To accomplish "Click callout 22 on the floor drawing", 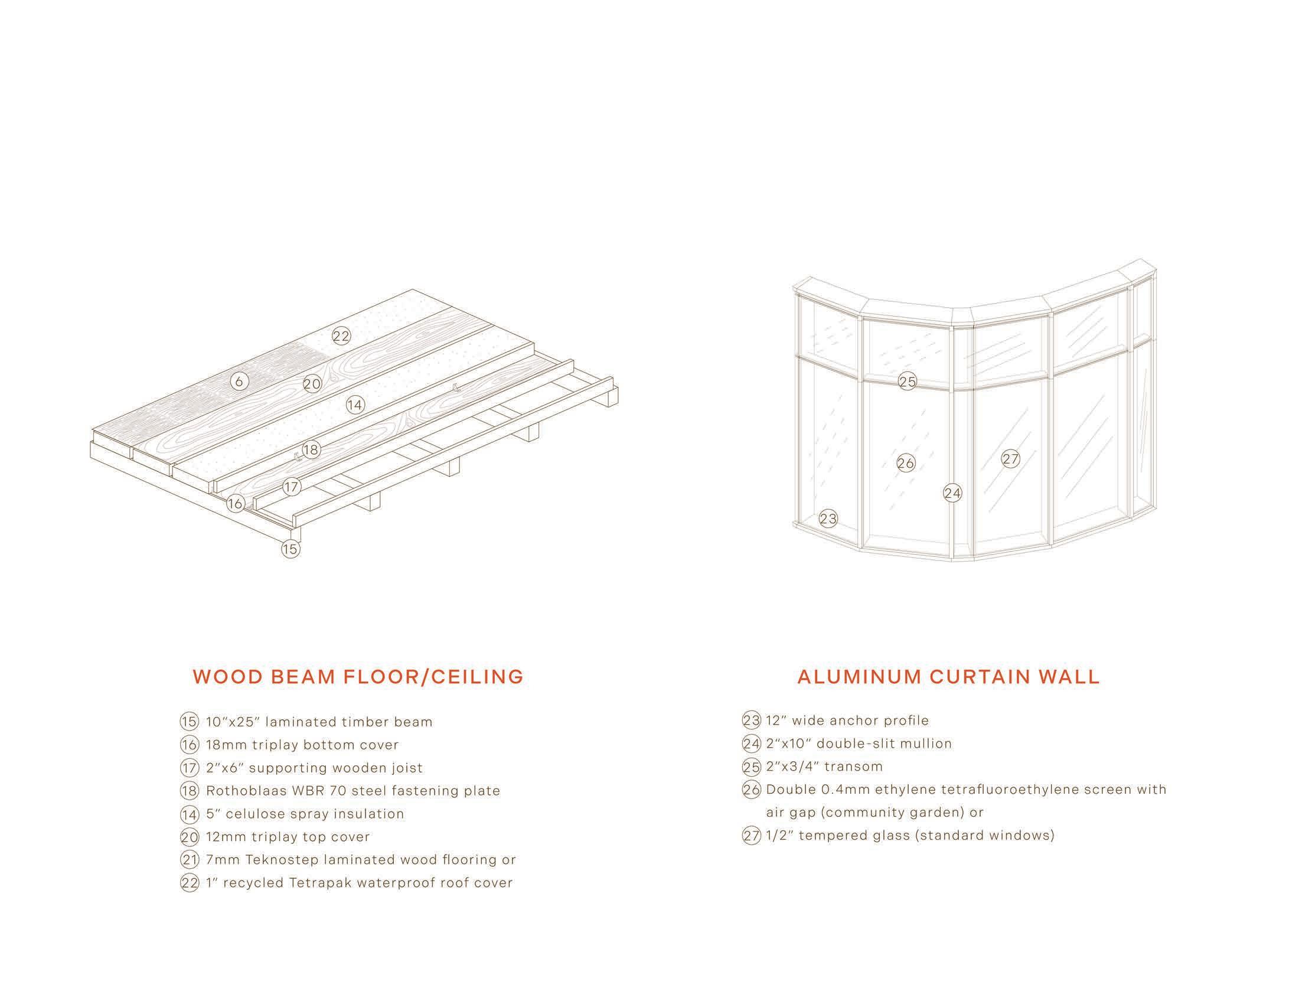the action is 341,336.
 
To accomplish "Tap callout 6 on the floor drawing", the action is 239,382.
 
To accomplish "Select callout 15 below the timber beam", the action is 291,549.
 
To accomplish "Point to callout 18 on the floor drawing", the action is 311,449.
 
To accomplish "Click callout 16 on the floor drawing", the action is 235,504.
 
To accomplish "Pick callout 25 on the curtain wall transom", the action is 907,382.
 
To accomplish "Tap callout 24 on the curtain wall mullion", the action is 952,493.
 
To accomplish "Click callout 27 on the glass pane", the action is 1010,458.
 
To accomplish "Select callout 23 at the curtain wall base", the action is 828,519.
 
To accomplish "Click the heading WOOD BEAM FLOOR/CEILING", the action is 358,677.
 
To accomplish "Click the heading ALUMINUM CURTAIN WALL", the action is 949,677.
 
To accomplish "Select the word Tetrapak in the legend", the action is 319,884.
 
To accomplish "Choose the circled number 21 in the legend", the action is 189,860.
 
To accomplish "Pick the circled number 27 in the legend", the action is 752,836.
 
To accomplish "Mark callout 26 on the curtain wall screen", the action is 905,463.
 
